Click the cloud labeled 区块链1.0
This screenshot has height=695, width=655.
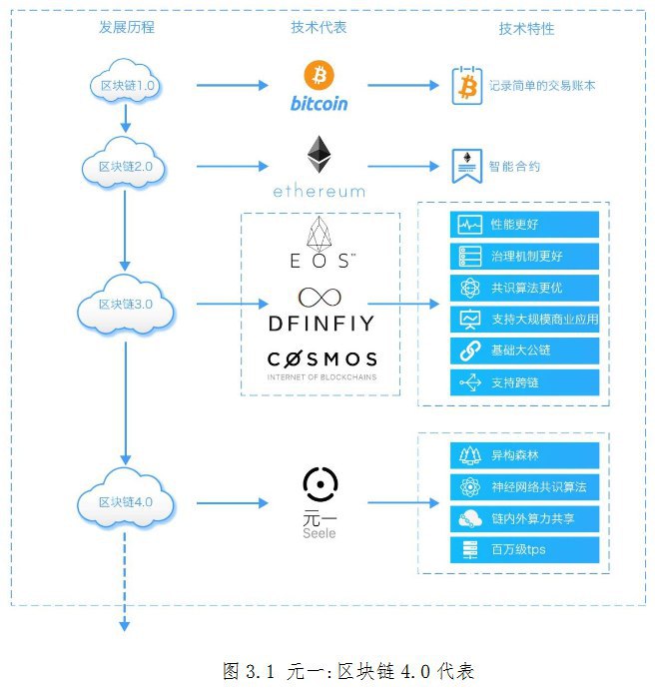tap(126, 85)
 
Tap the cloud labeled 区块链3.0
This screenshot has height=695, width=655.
tap(126, 304)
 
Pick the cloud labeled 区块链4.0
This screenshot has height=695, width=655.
tap(126, 500)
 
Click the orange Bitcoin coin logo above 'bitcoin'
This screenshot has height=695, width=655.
tap(320, 75)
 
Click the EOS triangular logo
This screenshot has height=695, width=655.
tap(321, 236)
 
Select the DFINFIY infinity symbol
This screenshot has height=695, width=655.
tap(320, 297)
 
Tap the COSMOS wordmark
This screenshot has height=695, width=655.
tap(322, 358)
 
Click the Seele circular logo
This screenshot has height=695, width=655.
tap(320, 484)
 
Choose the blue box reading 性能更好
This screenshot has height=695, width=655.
tap(525, 225)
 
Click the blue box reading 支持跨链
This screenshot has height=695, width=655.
tap(525, 381)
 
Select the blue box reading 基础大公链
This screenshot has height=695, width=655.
tap(525, 350)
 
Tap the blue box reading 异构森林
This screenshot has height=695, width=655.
tap(525, 455)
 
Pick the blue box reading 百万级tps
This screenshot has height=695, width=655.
tap(525, 549)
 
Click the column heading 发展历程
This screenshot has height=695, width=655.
tap(127, 28)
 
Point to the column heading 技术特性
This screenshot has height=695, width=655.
tap(526, 29)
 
